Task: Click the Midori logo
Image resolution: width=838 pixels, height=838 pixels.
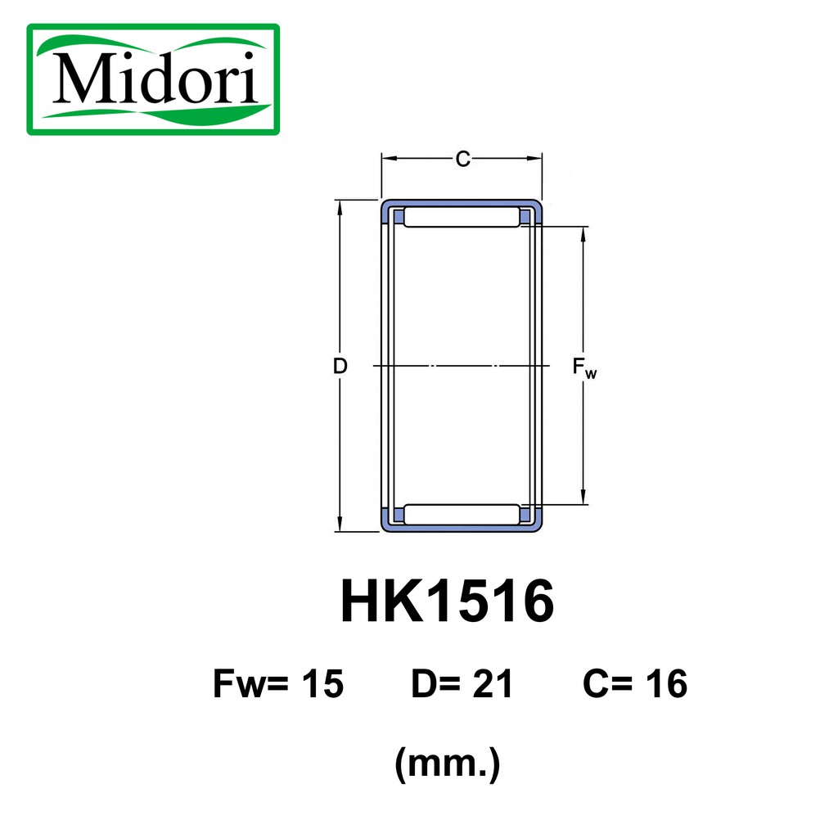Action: [153, 79]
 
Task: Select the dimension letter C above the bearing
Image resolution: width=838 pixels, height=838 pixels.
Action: [462, 160]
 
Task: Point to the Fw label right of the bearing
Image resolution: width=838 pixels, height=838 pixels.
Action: [584, 369]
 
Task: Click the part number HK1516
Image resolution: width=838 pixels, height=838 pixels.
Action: [447, 604]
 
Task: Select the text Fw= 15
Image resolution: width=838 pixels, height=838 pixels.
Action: [278, 684]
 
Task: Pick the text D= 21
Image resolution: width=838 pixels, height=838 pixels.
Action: [462, 684]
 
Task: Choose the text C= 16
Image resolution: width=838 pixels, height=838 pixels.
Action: [635, 684]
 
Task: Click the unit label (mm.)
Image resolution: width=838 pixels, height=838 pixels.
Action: [447, 766]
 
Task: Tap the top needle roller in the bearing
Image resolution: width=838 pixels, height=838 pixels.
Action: [462, 217]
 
